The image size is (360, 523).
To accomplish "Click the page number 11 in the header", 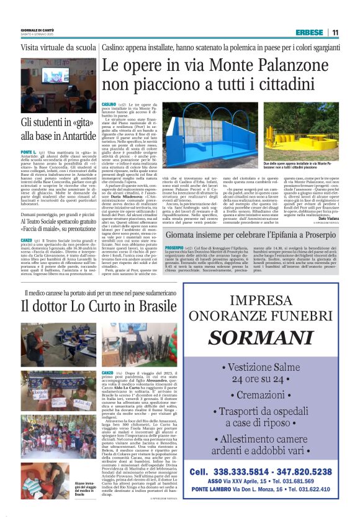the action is [335, 32].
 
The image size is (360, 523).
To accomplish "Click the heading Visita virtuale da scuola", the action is [58, 47].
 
